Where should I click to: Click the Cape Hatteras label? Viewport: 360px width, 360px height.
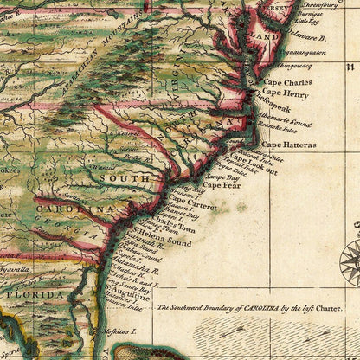tap(288, 145)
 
